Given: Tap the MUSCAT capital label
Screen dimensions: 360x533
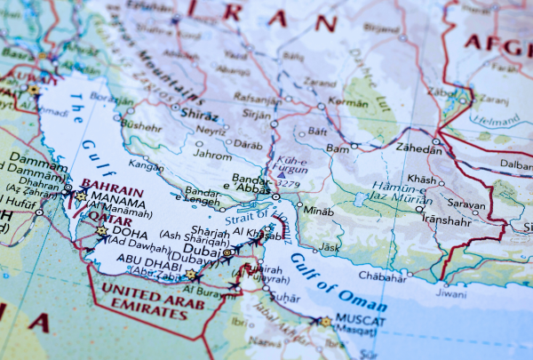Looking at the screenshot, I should click(x=357, y=321).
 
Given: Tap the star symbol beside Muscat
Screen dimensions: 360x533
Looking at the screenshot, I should click(x=325, y=322).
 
